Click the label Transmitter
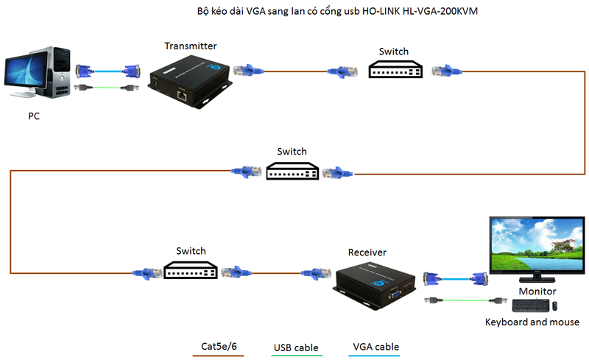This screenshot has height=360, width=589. coord(191,46)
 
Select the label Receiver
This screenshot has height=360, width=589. coord(367,253)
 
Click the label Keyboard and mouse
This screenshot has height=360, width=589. coord(532,322)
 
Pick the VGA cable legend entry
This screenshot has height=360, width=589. coord(375,346)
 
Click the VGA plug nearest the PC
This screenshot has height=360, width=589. coord(83,71)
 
